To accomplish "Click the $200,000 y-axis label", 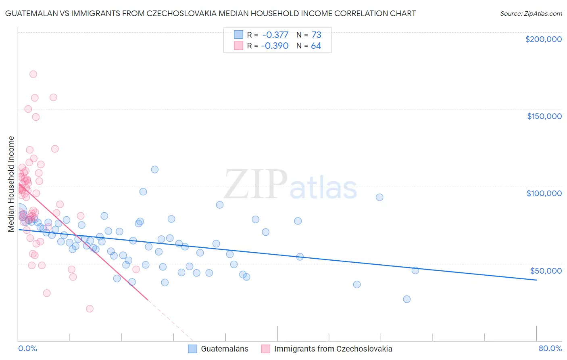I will coord(543,39).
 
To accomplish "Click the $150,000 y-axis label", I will coord(544,116).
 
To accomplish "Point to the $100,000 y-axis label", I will coord(544,193).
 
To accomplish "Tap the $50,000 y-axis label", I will coord(546,270).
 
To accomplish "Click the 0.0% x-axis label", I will coord(27,349).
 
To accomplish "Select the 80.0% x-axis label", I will coord(550,349).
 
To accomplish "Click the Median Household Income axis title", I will coord(11,184).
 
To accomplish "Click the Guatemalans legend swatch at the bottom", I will coord(192,349).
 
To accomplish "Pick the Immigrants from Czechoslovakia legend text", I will coord(333,349).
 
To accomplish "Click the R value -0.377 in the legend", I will coord(275,35).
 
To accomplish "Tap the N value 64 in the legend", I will coord(316,46).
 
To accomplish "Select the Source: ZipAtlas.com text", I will coord(531,14).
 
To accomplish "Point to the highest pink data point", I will coord(33,74).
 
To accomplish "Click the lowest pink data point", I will coord(90,309).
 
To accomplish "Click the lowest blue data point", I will coord(406,299).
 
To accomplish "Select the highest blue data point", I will coord(154,170).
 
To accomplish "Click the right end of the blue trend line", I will coord(536,280).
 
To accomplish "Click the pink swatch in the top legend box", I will coord(238,46).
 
